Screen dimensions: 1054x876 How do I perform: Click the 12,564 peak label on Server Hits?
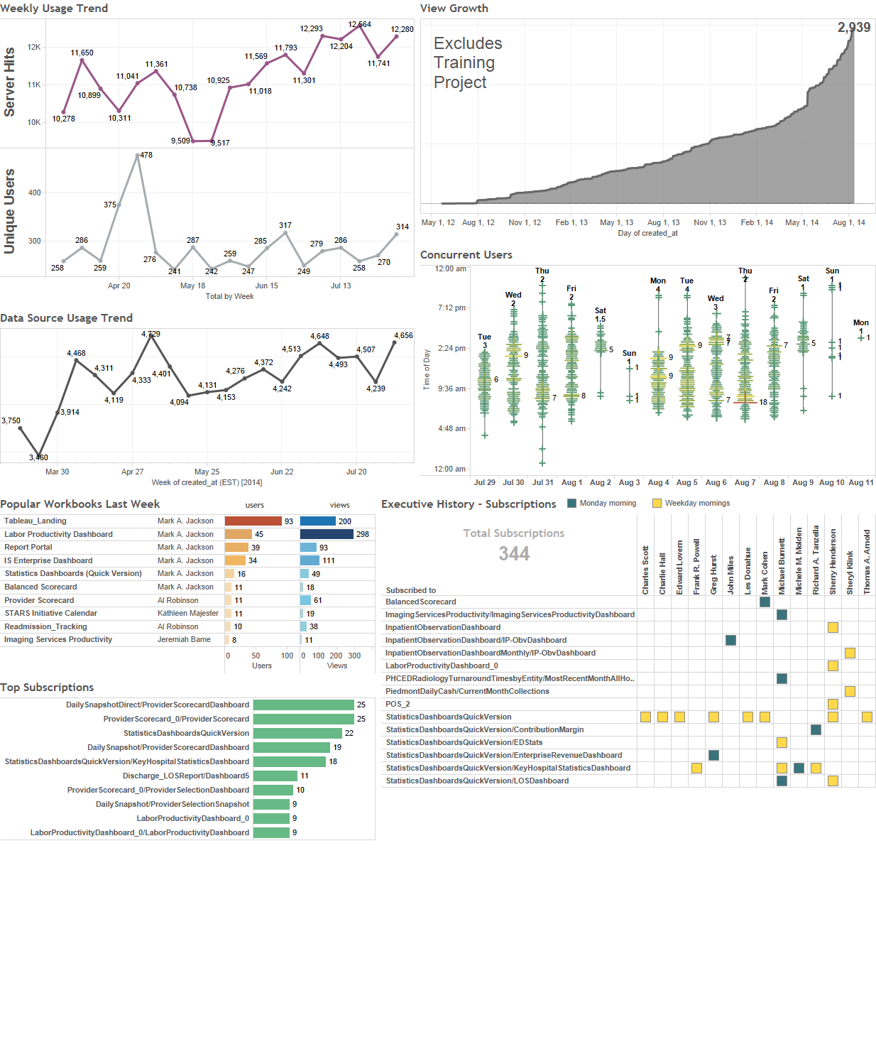[359, 24]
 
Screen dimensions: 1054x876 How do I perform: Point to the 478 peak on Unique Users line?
[138, 156]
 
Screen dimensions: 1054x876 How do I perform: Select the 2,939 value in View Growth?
[853, 28]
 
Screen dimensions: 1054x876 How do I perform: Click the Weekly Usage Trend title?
[54, 9]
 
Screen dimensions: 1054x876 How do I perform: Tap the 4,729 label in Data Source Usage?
[150, 334]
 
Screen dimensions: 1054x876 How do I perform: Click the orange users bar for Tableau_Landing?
[253, 521]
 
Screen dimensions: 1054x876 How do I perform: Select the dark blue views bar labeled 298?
[327, 534]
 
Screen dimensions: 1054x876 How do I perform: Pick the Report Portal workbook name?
[28, 548]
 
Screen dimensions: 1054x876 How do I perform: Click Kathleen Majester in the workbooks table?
[188, 614]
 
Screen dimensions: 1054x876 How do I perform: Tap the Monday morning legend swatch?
[571, 504]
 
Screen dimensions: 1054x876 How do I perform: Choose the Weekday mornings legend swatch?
[657, 504]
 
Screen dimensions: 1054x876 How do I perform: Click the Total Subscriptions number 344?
[514, 554]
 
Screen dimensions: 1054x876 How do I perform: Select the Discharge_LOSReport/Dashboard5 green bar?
[275, 776]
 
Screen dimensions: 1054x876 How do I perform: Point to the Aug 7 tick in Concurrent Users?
[745, 483]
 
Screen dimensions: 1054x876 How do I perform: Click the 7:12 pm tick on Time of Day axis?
[451, 308]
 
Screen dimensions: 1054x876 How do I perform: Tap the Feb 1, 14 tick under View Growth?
[757, 223]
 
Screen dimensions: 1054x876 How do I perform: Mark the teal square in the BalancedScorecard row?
[765, 602]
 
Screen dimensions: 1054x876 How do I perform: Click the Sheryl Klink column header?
[850, 572]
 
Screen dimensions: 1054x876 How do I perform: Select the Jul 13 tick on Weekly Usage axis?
[341, 286]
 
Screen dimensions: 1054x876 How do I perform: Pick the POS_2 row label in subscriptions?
[398, 705]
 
